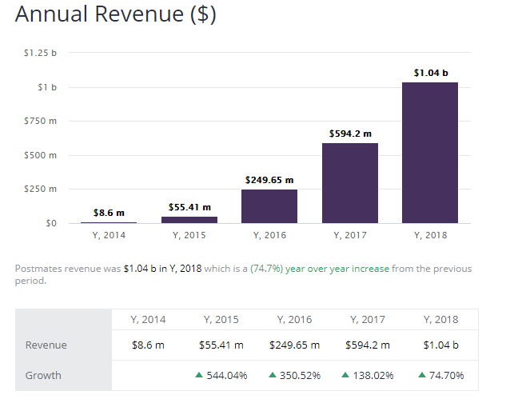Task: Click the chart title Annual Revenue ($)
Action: coord(115,15)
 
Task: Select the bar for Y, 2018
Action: coord(430,153)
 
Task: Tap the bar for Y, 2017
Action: coord(349,183)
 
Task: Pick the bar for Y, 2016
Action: coord(269,206)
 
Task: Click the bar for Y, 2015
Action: coord(189,219)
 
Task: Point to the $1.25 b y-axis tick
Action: coord(41,53)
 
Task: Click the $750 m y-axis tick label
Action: coord(42,121)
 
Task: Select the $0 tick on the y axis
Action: coord(50,223)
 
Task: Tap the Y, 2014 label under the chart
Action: coord(109,235)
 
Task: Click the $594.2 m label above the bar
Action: coord(350,134)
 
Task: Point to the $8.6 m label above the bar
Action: coord(109,213)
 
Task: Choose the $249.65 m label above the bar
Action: coord(269,180)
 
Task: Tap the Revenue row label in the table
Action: coord(46,345)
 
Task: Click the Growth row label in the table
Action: coord(43,375)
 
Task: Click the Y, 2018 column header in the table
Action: coord(440,319)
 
